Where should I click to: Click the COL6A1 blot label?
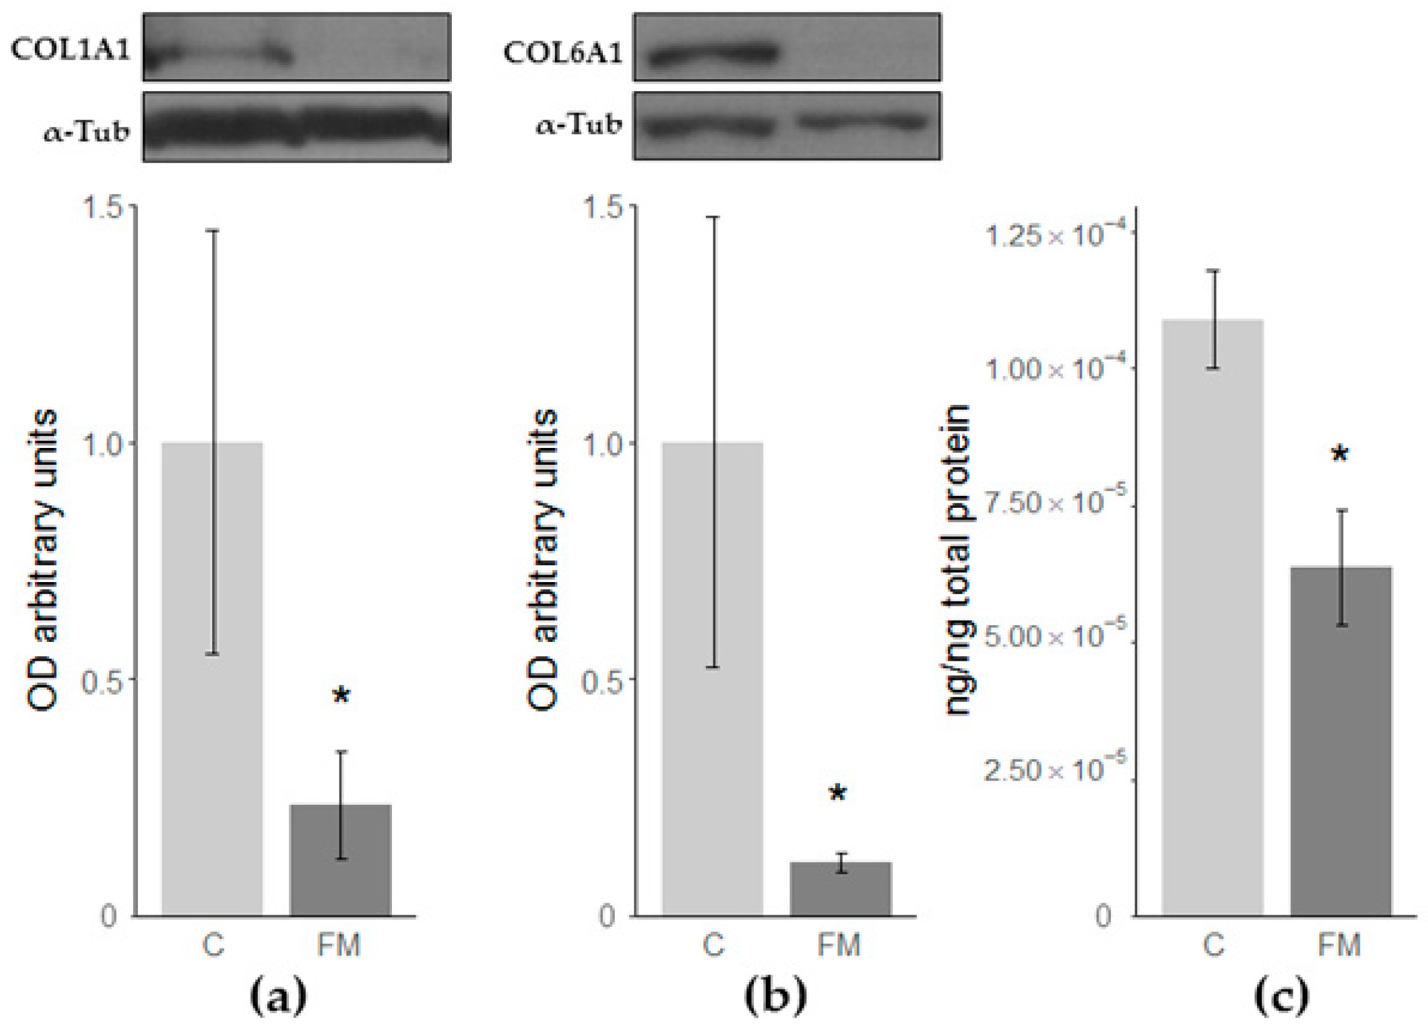click(x=562, y=53)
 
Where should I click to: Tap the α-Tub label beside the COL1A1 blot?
click(x=86, y=133)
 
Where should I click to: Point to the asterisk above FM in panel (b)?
click(x=838, y=795)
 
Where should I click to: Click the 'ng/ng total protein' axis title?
click(x=957, y=560)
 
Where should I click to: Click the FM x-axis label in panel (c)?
click(x=1339, y=945)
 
